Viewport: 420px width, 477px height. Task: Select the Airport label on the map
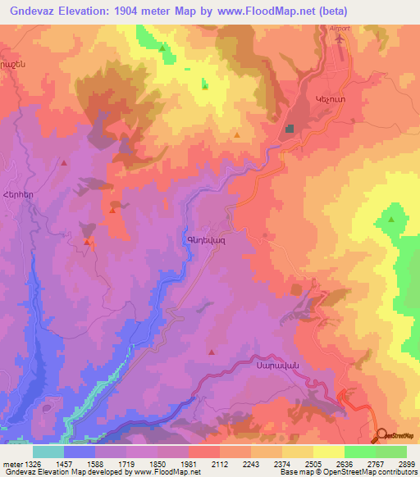[339, 28]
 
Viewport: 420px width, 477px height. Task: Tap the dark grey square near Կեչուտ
[290, 129]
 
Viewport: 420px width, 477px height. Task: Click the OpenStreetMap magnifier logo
[381, 436]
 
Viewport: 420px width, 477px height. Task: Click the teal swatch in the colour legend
[48, 452]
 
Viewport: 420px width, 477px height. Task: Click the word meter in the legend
[9, 464]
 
